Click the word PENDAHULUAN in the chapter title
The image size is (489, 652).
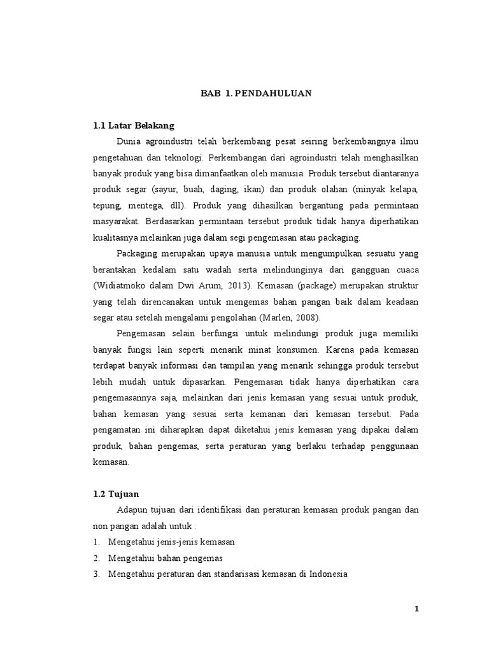click(273, 93)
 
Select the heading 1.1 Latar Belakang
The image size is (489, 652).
click(134, 125)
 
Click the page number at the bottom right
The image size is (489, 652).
click(417, 609)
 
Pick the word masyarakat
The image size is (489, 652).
click(116, 222)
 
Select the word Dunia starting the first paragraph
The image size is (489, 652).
click(131, 140)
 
